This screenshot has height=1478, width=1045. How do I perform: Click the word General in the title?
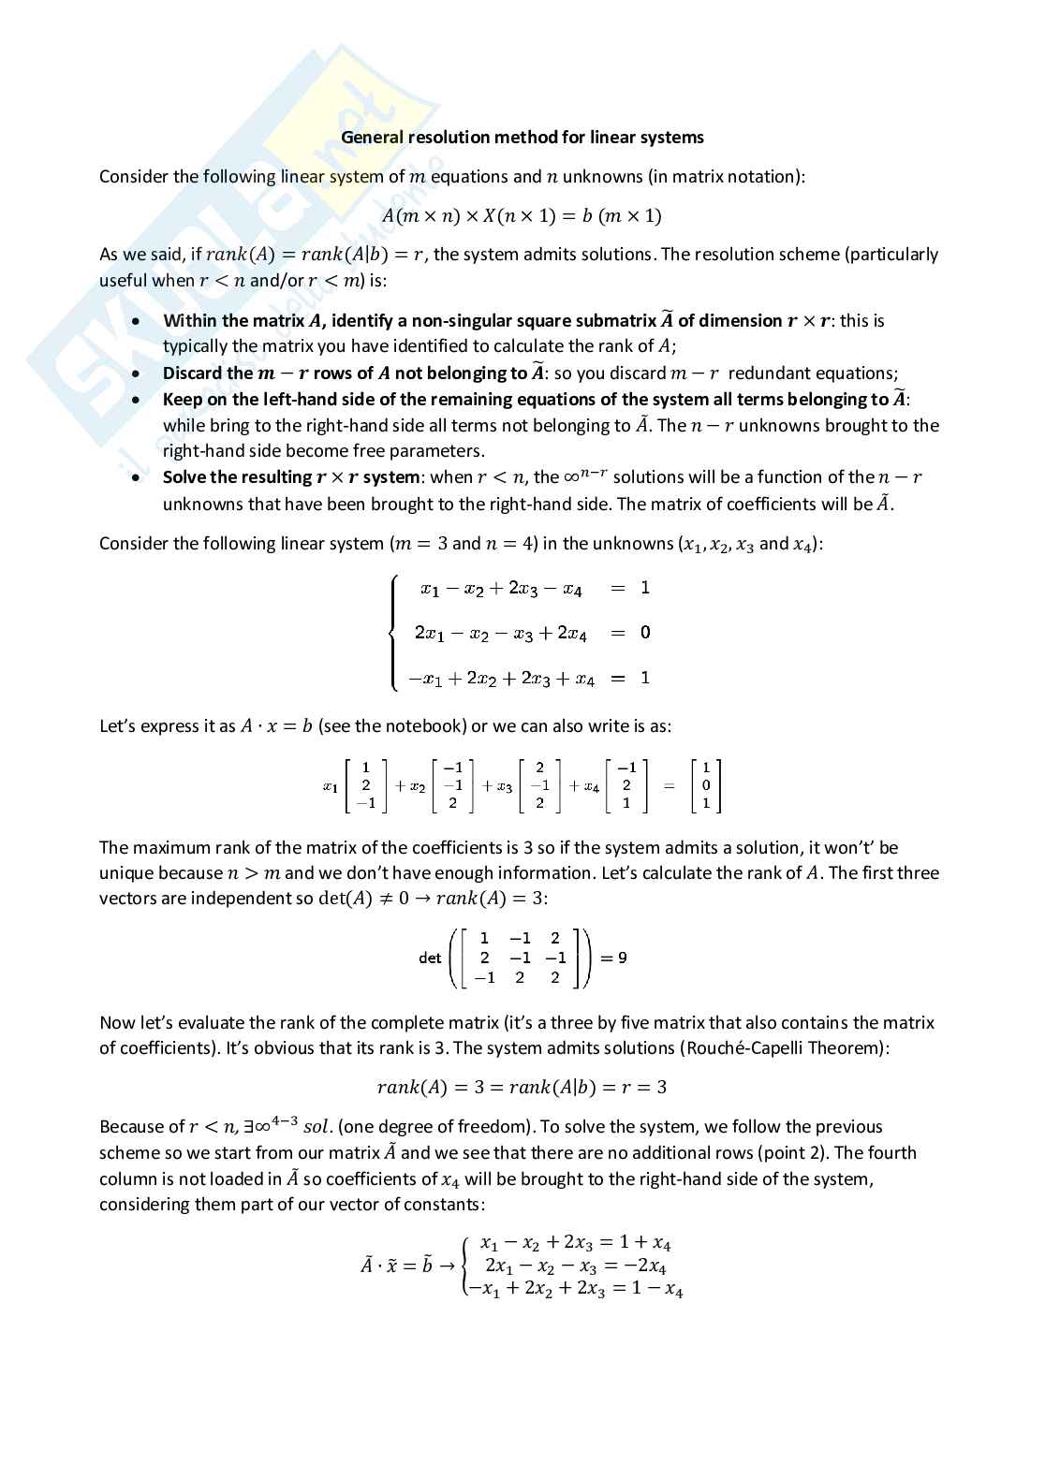pyautogui.click(x=373, y=138)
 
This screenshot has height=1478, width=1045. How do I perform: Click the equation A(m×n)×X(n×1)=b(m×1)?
pyautogui.click(x=522, y=216)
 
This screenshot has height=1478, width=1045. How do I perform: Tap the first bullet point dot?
pyautogui.click(x=138, y=321)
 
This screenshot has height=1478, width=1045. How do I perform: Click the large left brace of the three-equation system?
pyautogui.click(x=394, y=633)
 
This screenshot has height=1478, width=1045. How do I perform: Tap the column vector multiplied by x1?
pyautogui.click(x=365, y=786)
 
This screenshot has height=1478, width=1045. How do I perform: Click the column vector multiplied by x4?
pyautogui.click(x=626, y=786)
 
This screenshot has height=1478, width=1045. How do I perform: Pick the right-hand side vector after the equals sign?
pyautogui.click(x=705, y=786)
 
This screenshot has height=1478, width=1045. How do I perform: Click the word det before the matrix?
pyautogui.click(x=430, y=958)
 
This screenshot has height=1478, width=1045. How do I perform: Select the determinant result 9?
pyautogui.click(x=623, y=958)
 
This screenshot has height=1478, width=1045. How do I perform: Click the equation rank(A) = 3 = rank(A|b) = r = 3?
pyautogui.click(x=522, y=1088)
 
